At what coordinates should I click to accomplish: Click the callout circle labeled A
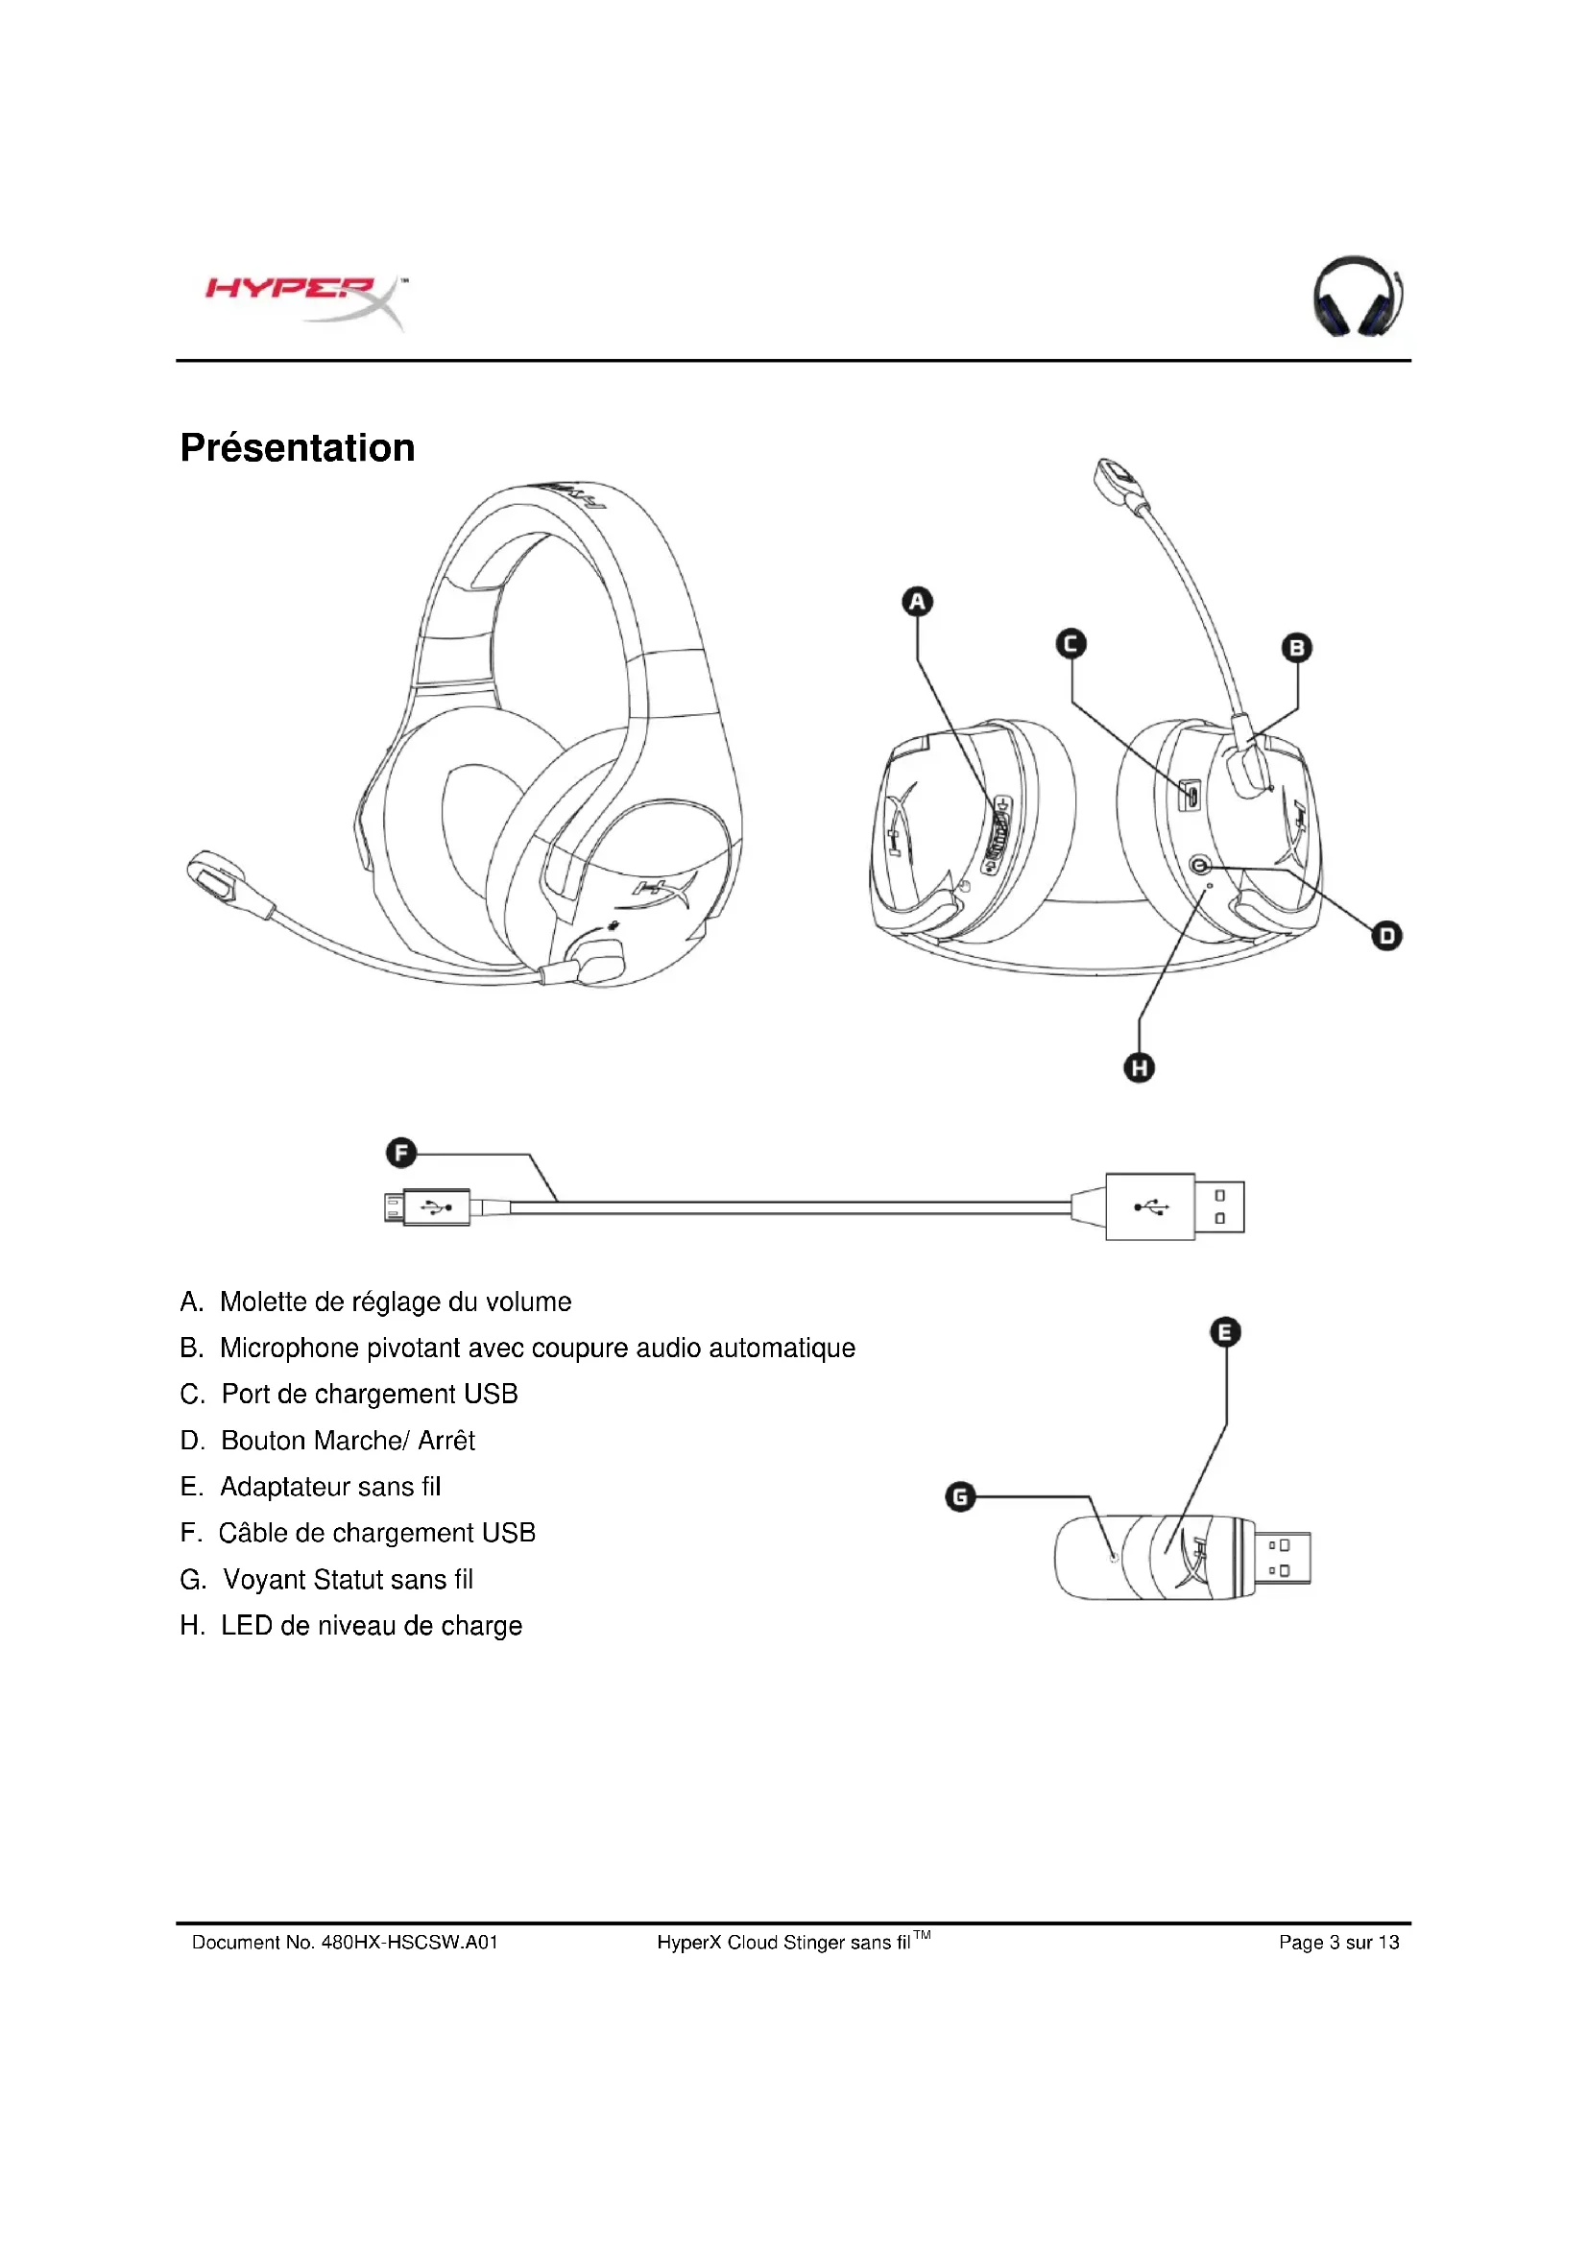tap(916, 602)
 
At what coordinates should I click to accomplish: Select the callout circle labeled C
tap(1071, 643)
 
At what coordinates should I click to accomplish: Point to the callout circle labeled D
tap(1386, 936)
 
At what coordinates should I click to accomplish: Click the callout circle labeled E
tap(1225, 1332)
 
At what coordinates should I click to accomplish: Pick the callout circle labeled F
tap(401, 1153)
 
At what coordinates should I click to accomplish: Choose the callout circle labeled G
tap(960, 1496)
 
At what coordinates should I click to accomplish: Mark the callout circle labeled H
tap(1140, 1066)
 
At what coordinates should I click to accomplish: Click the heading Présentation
tap(298, 448)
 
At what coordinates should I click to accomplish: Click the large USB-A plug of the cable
tap(1173, 1206)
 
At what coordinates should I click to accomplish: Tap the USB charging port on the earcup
tap(1190, 795)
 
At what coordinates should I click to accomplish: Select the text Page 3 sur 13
tap(1338, 1942)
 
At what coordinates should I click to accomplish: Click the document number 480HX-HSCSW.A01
tap(410, 1942)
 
